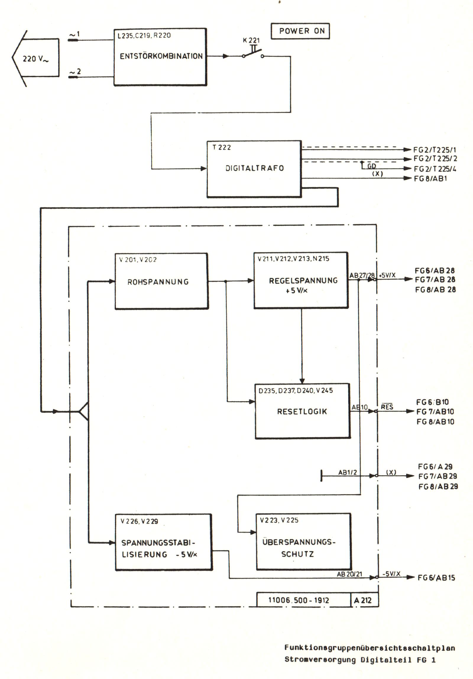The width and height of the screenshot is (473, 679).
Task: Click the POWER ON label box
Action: pyautogui.click(x=300, y=31)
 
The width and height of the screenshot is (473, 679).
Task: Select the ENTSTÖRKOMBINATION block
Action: pyautogui.click(x=160, y=57)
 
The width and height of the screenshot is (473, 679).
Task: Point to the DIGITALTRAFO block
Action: pyautogui.click(x=254, y=168)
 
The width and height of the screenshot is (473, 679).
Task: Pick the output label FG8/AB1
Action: pyautogui.click(x=430, y=179)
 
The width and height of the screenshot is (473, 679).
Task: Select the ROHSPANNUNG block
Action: pyautogui.click(x=161, y=281)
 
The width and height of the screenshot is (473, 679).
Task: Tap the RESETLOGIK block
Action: pyautogui.click(x=302, y=411)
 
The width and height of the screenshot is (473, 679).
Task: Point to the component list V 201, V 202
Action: pyautogui.click(x=138, y=260)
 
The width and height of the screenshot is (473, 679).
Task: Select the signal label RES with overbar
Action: pyautogui.click(x=387, y=407)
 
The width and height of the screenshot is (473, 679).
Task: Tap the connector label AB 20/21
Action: pyautogui.click(x=349, y=574)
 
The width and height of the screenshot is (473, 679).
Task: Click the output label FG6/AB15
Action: pyautogui.click(x=436, y=578)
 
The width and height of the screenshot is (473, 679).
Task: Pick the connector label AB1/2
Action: pyautogui.click(x=348, y=473)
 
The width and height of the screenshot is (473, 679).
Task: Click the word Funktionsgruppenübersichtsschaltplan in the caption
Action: pyautogui.click(x=370, y=648)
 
